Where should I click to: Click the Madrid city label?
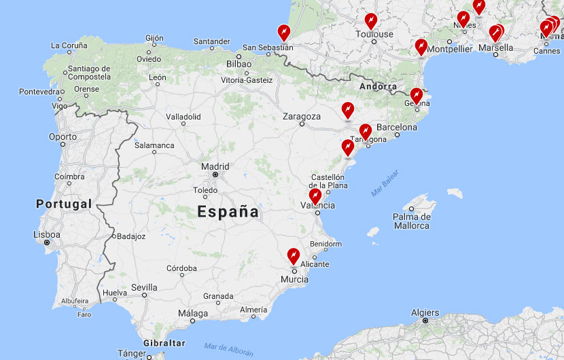tap(215, 166)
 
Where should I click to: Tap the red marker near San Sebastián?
tap(284, 32)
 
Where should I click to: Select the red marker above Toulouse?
tap(370, 20)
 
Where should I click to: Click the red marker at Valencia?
tap(315, 196)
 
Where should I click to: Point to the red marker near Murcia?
tap(294, 255)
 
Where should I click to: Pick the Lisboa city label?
tap(47, 235)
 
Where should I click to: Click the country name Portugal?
tap(64, 204)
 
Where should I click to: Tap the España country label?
tap(228, 212)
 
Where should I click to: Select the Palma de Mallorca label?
tap(411, 221)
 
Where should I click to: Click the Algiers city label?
tap(425, 313)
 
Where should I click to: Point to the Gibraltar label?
tap(164, 343)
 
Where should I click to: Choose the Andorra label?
tap(378, 86)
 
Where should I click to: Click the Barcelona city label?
tap(397, 127)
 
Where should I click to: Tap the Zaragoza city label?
tap(301, 117)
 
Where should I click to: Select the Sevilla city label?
tap(144, 287)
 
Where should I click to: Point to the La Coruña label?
tap(69, 46)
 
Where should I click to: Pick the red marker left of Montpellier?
tap(421, 47)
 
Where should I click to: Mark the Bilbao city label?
tap(239, 64)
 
